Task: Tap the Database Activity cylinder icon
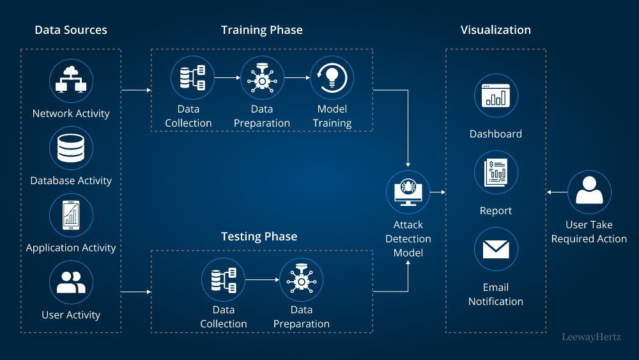[71, 148]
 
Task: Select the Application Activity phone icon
[71, 215]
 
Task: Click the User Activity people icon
[71, 283]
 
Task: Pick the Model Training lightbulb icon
[332, 77]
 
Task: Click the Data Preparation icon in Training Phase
[262, 77]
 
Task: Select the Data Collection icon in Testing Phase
[224, 279]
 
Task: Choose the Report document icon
[496, 173]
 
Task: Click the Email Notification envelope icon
[496, 249]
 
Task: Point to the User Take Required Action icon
[589, 192]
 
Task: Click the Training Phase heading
[262, 30]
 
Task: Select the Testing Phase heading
[259, 237]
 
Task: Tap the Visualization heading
[496, 30]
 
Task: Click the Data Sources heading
[71, 30]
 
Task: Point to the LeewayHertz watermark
[591, 337]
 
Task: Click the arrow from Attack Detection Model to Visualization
[438, 192]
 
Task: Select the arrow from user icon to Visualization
[557, 192]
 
